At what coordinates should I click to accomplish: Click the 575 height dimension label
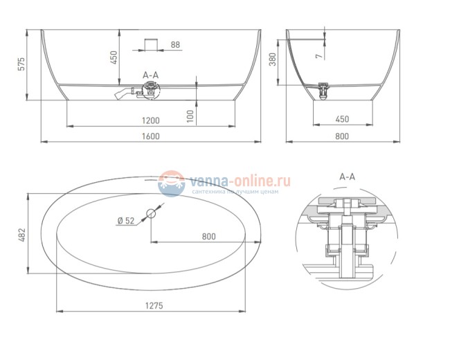tap(22, 64)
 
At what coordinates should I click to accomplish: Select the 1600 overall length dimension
tap(151, 136)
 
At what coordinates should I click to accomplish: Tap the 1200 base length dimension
tap(151, 120)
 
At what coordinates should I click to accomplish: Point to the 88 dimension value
tap(175, 45)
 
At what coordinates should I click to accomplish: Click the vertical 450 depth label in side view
tap(114, 57)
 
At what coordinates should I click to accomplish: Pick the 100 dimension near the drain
tap(190, 116)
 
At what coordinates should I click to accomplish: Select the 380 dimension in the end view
tap(273, 60)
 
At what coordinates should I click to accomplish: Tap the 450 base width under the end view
tap(343, 119)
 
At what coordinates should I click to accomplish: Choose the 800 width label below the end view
tap(342, 136)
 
